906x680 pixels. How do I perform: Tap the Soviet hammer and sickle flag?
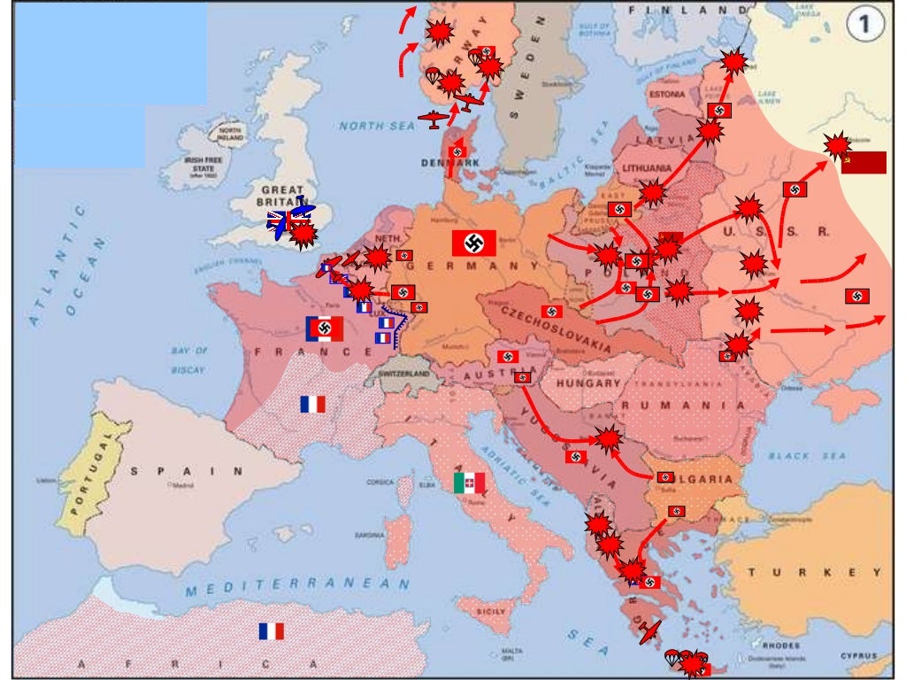pos(863,163)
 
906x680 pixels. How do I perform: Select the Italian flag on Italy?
pos(469,483)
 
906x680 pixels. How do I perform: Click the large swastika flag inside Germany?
pos(473,243)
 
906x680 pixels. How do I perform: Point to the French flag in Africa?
pos(272,631)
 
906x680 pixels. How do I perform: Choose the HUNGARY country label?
pos(587,384)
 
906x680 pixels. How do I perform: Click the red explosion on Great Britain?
pos(303,235)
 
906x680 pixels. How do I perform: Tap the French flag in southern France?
pos(312,405)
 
